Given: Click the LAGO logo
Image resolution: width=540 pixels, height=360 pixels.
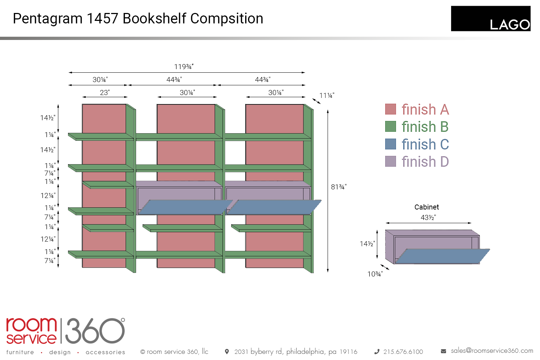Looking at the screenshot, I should click(x=490, y=19).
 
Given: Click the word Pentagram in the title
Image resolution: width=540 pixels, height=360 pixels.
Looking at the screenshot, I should click(x=48, y=19).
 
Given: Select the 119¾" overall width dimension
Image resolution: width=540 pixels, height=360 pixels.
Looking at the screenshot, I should click(x=184, y=67).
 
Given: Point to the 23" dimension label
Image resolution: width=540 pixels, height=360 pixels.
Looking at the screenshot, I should click(x=105, y=93).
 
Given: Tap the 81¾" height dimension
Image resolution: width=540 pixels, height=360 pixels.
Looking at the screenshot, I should click(x=338, y=187).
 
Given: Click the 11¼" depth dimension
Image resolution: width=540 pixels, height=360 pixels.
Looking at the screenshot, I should click(x=327, y=95).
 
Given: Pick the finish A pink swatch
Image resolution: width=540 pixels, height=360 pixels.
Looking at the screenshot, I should click(x=391, y=109).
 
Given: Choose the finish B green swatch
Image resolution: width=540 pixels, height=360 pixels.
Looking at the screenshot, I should click(x=391, y=126).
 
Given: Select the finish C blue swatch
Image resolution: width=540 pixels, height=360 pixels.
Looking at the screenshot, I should click(x=391, y=144).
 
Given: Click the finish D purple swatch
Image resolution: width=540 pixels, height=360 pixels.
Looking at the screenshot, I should click(x=391, y=161).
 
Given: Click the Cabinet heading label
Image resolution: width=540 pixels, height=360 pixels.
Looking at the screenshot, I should click(x=427, y=207).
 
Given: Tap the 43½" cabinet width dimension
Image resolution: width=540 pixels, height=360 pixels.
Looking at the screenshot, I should click(x=428, y=217).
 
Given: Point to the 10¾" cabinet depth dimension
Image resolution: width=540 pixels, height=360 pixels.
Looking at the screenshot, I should click(x=375, y=274).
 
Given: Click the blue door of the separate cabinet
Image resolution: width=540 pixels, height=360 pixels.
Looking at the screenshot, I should click(x=443, y=256).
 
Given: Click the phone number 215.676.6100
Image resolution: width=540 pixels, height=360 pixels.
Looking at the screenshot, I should click(x=403, y=352).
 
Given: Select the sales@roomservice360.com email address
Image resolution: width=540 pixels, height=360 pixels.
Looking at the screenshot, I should click(x=492, y=351).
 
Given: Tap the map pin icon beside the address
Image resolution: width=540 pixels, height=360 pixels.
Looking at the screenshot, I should click(x=227, y=351).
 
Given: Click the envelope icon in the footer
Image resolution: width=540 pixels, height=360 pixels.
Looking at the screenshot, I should click(x=444, y=351).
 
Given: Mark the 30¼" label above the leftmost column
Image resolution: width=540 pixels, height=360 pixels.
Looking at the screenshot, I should click(x=100, y=80).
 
